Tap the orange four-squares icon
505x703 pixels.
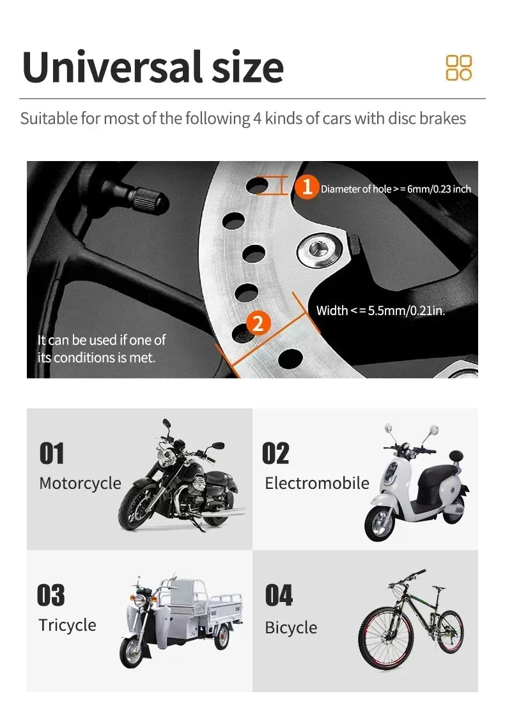coord(458,68)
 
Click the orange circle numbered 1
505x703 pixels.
coord(307,187)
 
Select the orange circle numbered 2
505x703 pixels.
coord(258,323)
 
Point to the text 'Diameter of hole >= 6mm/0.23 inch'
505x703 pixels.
coord(395,189)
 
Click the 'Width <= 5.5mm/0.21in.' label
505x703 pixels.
coord(380,311)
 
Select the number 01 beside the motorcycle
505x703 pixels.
coord(52,453)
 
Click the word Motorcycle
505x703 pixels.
coord(80,483)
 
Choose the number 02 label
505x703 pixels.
coord(276,453)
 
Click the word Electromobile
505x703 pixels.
coord(317,483)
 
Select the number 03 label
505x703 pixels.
coord(51,595)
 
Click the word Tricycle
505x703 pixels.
coord(67,625)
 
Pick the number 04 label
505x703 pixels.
coord(279,595)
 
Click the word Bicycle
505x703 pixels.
coord(291,628)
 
